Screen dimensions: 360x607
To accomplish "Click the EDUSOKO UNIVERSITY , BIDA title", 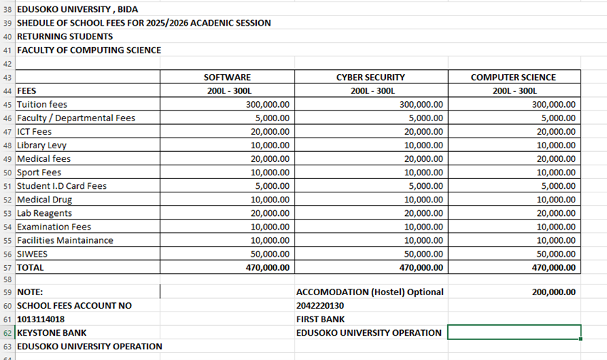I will pos(77,9).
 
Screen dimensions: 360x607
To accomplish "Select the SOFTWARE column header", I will pos(227,77).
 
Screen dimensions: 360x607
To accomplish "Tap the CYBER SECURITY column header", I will pos(370,77).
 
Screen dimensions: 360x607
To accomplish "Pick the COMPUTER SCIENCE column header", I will pos(513,77).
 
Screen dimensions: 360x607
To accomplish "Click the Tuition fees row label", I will pos(42,104).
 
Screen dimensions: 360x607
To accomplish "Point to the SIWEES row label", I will pos(32,254).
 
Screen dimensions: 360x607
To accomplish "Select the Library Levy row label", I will pos(41,145).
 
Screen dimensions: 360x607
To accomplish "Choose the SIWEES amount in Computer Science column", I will pos(556,254).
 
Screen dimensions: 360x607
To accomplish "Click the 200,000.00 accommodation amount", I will pos(554,292).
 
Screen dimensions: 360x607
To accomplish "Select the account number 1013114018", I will pos(41,319).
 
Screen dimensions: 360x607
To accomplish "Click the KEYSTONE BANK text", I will pos(51,333).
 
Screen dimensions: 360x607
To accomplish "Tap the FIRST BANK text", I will pos(320,319).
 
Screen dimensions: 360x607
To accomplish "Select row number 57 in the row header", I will pos(8,268).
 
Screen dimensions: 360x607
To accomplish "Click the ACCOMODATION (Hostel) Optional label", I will pos(369,292).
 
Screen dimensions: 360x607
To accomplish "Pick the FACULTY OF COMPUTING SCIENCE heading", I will pos(88,50).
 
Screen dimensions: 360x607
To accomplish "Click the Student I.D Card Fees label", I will pos(61,186).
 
